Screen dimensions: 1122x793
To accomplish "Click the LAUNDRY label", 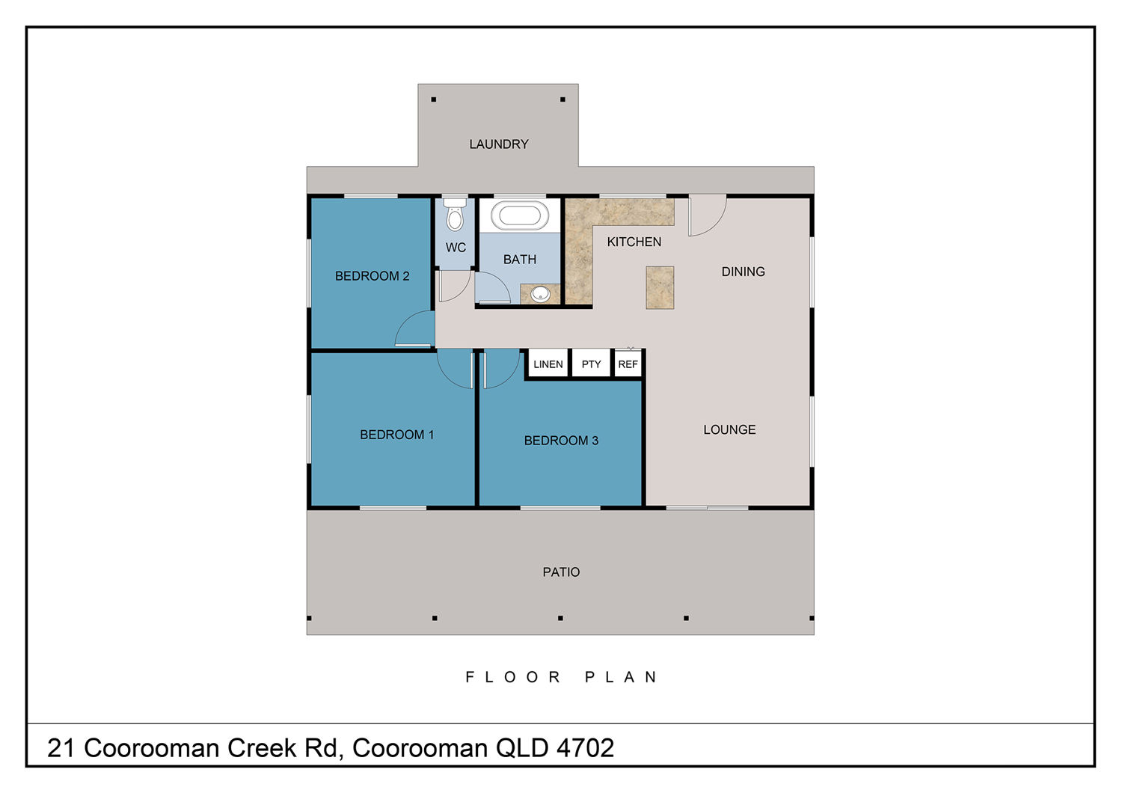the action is coord(498,144).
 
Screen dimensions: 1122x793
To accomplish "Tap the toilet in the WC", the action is coord(454,214).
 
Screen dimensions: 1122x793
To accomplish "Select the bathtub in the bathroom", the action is coord(520,215).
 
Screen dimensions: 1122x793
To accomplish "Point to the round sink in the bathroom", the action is coord(540,294).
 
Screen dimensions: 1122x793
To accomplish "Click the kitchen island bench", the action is coord(660,287).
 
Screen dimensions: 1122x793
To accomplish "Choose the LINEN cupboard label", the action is coord(548,364).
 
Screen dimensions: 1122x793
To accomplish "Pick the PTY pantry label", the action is coord(591,364).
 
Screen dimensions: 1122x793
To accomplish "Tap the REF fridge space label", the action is coord(628,364).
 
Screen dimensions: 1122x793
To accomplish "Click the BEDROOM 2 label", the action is coord(373,276).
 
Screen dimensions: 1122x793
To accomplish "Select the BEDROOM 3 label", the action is coord(561,441).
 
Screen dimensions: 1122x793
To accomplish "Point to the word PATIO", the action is coord(561,572).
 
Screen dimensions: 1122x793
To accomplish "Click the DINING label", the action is coord(743,272).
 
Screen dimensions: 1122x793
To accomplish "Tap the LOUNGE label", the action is coord(729,429).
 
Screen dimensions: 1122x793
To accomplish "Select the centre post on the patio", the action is coord(560,618).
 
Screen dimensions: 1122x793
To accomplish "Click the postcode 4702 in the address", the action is coord(585,748).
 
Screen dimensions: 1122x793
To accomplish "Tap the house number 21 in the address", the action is coord(61,748).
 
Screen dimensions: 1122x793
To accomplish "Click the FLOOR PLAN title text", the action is coord(561,677).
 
